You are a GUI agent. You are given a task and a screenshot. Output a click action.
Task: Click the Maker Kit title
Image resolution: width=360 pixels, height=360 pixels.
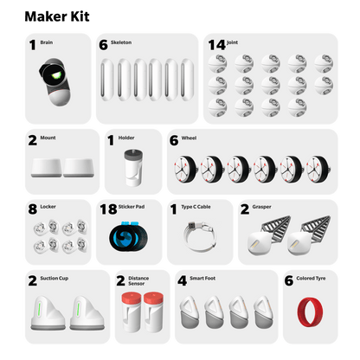click(57, 16)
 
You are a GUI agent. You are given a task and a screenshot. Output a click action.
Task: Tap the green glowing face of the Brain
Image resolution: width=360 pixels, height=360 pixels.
click(55, 75)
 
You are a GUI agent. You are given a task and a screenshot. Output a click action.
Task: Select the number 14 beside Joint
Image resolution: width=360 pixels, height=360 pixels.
click(216, 45)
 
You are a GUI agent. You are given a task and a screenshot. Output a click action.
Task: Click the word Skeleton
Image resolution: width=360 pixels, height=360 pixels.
click(121, 42)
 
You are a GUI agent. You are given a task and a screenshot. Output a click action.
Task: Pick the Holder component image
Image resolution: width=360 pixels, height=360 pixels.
click(133, 168)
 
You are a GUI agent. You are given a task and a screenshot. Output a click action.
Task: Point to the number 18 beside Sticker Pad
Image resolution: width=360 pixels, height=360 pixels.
click(108, 209)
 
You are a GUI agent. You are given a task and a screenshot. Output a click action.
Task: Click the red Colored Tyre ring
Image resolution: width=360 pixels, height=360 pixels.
click(310, 312)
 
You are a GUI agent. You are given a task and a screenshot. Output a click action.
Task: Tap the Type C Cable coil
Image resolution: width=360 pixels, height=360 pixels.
click(200, 235)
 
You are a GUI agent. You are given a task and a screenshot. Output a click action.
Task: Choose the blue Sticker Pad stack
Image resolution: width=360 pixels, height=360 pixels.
click(129, 237)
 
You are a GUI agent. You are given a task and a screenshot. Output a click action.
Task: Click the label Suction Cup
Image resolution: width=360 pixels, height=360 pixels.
click(55, 279)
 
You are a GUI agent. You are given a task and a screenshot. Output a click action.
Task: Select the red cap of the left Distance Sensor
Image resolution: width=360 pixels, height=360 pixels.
click(132, 298)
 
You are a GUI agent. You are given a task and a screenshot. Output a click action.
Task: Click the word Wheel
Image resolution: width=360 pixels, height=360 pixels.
click(189, 138)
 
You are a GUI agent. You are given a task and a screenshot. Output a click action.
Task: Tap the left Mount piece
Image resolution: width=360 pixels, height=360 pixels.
click(46, 168)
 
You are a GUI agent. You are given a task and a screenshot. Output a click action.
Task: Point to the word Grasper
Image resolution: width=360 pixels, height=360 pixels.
click(261, 207)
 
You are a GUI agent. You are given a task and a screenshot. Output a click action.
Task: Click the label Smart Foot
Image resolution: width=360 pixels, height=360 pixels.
click(202, 279)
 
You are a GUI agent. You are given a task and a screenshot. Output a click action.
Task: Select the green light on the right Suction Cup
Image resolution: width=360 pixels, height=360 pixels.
click(78, 308)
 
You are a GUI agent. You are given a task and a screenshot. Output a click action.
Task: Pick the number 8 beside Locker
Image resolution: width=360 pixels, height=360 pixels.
click(33, 209)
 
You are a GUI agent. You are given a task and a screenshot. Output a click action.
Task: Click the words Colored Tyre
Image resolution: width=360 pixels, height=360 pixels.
click(311, 279)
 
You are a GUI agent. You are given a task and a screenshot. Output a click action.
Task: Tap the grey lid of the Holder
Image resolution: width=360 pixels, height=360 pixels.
click(133, 154)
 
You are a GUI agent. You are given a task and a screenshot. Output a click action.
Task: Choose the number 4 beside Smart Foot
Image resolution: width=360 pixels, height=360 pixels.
click(183, 280)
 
